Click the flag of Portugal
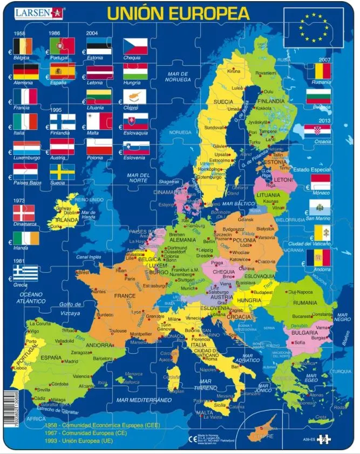[x=62, y=46]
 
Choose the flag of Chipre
[x=135, y=97]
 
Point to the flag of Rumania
[x=318, y=71]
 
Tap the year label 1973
[x=20, y=201]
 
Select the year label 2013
[x=324, y=120]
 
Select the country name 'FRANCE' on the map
[x=124, y=296]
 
